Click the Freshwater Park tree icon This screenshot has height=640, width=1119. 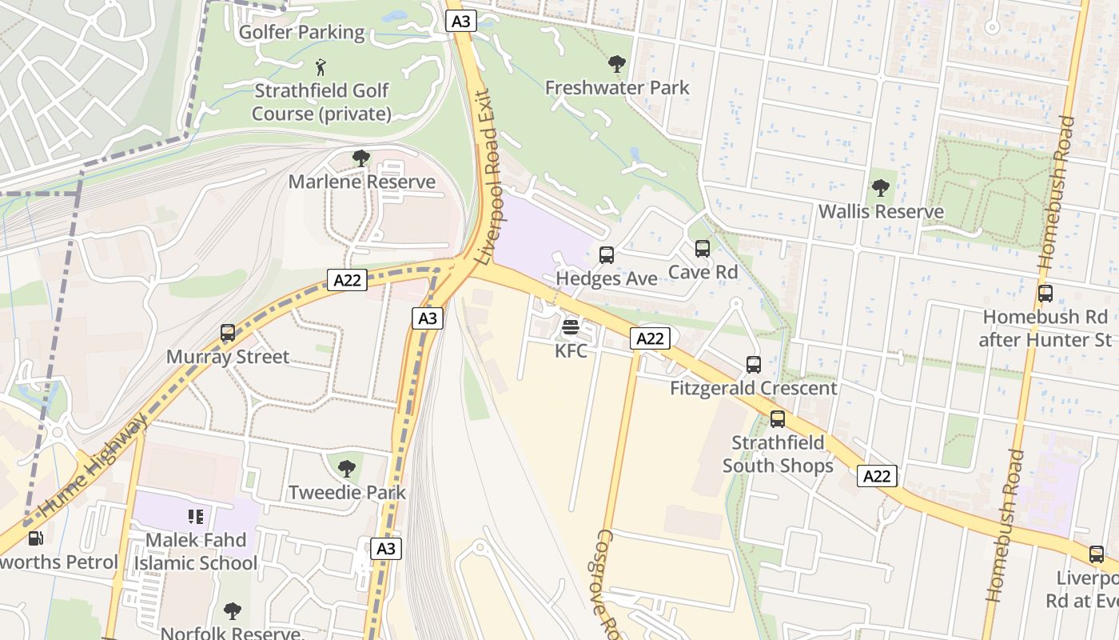point(616,64)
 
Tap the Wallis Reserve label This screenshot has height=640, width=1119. point(881,211)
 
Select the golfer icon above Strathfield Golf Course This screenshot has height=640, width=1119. point(321,67)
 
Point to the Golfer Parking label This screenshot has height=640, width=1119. point(301,33)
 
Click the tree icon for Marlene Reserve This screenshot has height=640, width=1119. point(361,158)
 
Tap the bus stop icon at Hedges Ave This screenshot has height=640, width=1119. point(607,255)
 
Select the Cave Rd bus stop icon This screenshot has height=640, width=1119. point(703,249)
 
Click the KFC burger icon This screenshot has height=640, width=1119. point(571,327)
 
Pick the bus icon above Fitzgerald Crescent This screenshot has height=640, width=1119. point(754,365)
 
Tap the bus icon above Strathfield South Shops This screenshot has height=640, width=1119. point(777,419)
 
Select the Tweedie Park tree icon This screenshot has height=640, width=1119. point(347,469)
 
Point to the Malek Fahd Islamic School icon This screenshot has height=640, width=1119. point(196,517)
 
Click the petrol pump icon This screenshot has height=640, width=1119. point(35,538)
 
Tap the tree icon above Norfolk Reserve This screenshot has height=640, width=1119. point(233,611)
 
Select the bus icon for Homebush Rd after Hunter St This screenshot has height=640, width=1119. point(1045,294)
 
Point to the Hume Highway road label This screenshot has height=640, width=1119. point(94,464)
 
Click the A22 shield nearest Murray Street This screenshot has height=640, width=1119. point(348,280)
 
